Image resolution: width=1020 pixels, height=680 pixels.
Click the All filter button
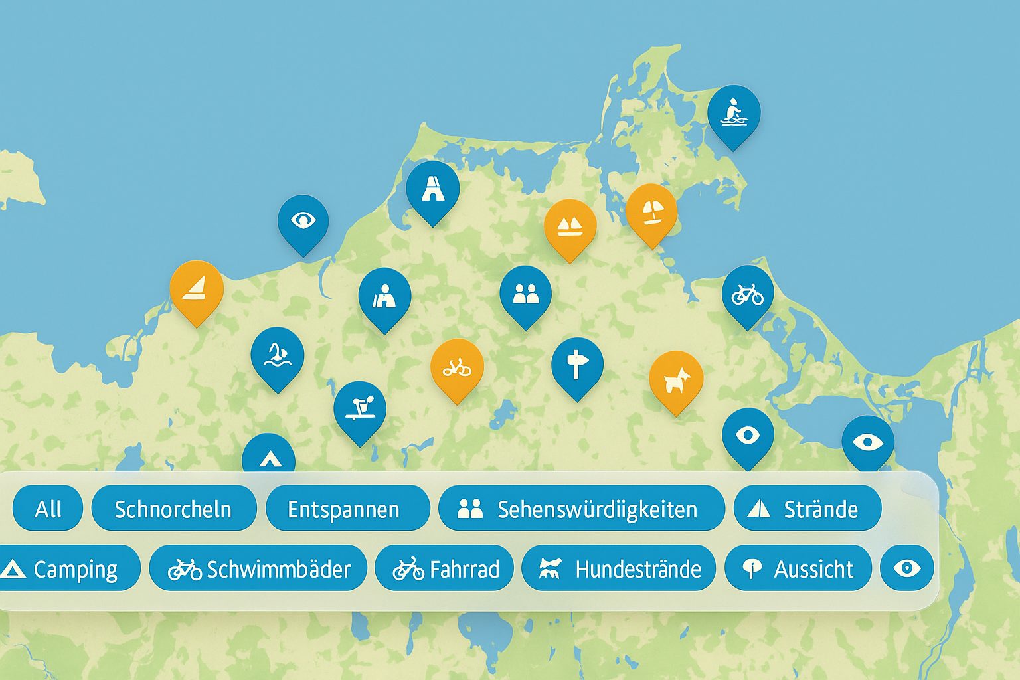point(48,509)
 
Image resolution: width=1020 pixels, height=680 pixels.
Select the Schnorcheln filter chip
point(173,509)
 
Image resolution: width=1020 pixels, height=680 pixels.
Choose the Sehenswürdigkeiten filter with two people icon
point(581,509)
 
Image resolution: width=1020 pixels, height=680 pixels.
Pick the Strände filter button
point(807,509)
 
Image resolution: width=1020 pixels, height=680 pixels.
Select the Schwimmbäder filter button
point(258,569)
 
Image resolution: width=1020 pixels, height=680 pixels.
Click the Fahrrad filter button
point(445,569)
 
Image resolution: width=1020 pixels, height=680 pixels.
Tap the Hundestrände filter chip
point(619,569)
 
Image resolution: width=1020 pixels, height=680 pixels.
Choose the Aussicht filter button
point(798,569)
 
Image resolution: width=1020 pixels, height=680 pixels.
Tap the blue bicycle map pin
point(748,294)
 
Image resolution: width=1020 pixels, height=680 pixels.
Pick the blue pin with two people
point(525,294)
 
